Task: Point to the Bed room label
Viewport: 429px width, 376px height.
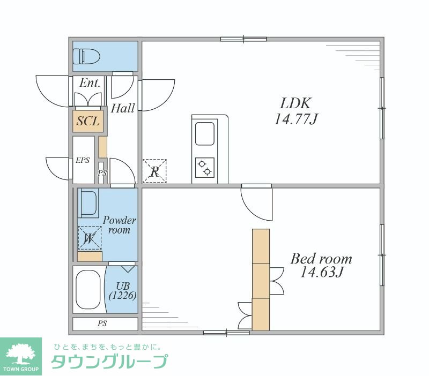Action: coord(321,259)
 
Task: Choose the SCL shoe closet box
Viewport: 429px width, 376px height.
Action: coord(88,121)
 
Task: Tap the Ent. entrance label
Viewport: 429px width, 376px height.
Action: coord(90,83)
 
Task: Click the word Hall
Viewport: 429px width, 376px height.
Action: coord(123,109)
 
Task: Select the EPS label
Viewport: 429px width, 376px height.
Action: coord(83,160)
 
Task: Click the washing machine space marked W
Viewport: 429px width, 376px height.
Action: coord(89,238)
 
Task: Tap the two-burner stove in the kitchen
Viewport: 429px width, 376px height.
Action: coord(204,168)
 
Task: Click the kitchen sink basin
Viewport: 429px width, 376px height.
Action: coord(204,133)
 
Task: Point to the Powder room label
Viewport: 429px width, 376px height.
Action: coord(119,225)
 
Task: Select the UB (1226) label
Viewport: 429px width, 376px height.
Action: coord(122,291)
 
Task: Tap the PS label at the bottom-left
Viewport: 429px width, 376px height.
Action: coord(102,324)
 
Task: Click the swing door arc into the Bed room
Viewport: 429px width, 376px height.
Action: coord(256,200)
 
